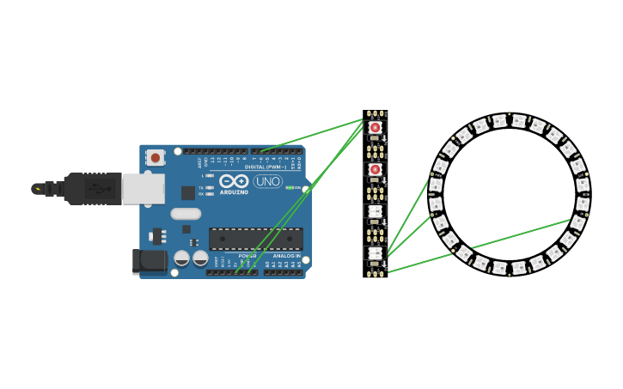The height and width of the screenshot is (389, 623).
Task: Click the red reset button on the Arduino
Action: pyautogui.click(x=155, y=157)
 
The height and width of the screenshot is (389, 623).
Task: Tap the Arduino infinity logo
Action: pyautogui.click(x=233, y=181)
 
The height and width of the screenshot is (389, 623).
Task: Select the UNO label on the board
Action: pyautogui.click(x=267, y=181)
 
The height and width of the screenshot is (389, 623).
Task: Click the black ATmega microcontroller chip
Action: pyautogui.click(x=255, y=239)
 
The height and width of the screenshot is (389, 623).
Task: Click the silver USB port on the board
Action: pyautogui.click(x=143, y=188)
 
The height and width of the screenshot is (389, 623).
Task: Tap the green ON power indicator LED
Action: pyautogui.click(x=290, y=187)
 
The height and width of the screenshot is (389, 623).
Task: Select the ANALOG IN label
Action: pyautogui.click(x=286, y=256)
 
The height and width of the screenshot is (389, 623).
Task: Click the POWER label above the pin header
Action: pyautogui.click(x=247, y=256)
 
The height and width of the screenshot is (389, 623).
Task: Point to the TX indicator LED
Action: pyautogui.click(x=210, y=187)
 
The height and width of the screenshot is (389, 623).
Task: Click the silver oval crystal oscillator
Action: pyautogui.click(x=186, y=214)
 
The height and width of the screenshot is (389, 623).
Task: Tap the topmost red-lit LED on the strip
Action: pyautogui.click(x=375, y=128)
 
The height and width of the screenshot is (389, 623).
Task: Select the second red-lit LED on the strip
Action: pyautogui.click(x=375, y=169)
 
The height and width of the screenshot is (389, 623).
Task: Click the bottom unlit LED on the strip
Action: pyautogui.click(x=375, y=252)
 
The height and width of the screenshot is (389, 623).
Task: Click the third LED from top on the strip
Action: pyautogui.click(x=375, y=210)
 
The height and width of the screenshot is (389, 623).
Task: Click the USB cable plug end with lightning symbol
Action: pyautogui.click(x=38, y=188)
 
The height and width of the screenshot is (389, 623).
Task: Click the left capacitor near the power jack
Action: pyautogui.click(x=182, y=258)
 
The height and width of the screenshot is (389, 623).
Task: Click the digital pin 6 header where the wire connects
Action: pyautogui.click(x=261, y=151)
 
